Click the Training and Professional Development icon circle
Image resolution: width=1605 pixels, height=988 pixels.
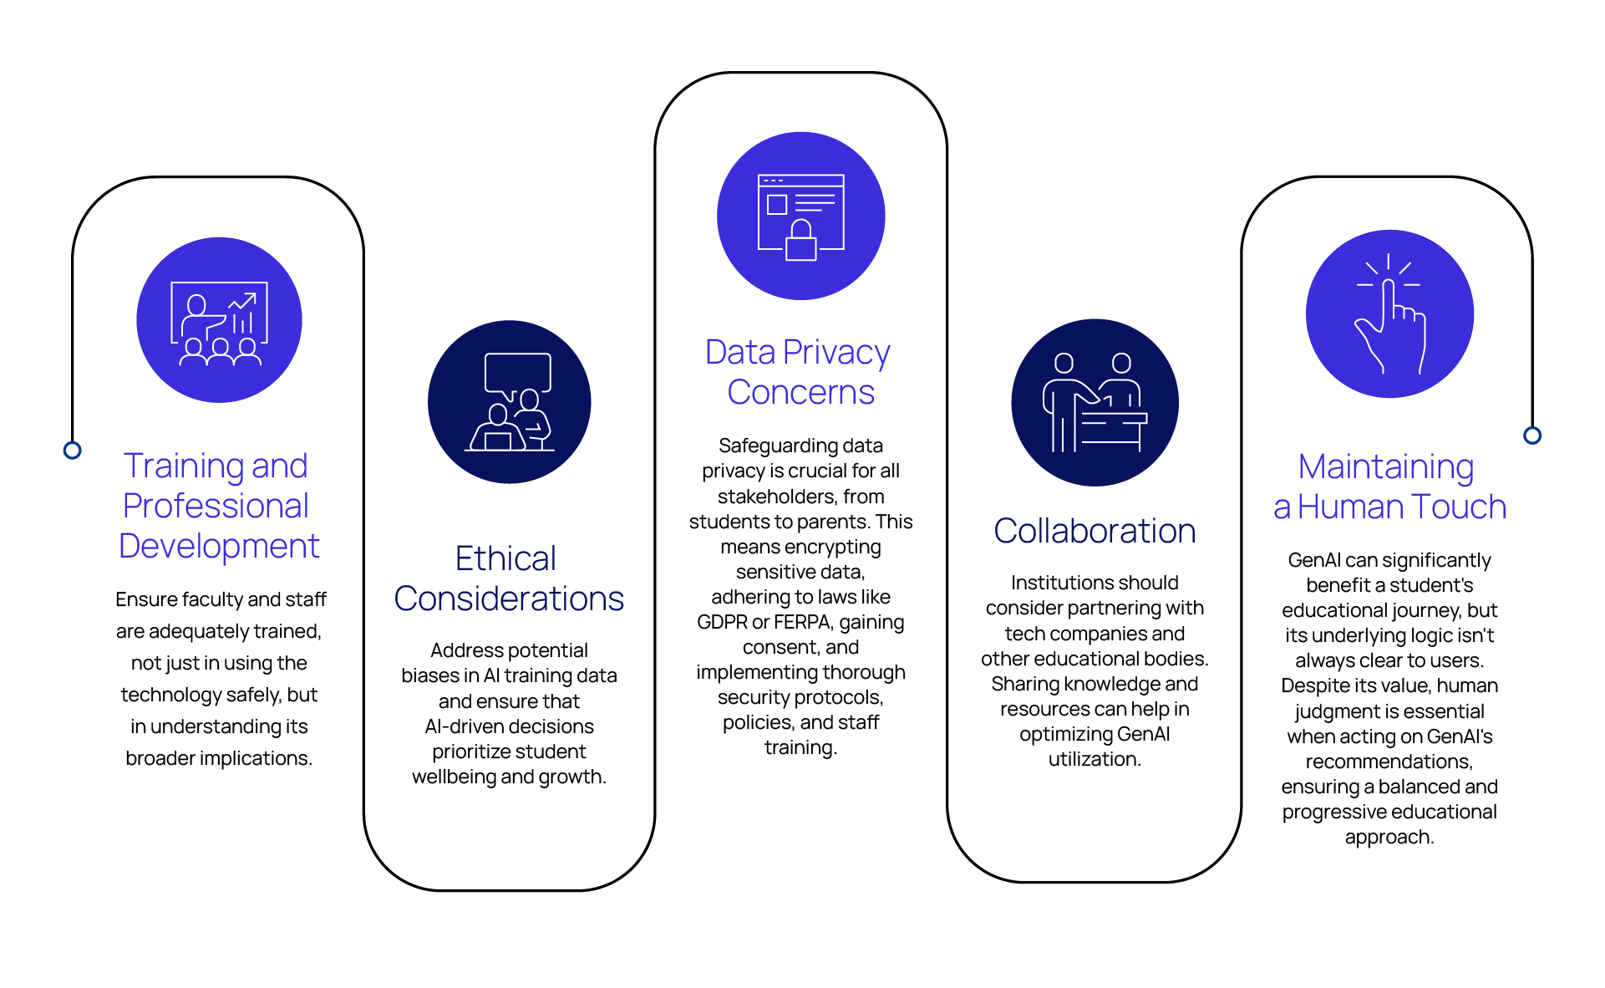[x=219, y=320]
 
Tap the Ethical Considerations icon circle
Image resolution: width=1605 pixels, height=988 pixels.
[x=510, y=402]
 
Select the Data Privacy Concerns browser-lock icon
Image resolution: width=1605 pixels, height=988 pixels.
[x=801, y=217]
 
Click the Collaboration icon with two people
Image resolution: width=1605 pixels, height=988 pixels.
[x=1095, y=402]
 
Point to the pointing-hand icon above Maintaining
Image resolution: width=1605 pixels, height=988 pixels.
[x=1390, y=313]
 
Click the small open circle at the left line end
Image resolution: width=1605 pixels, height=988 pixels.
[x=73, y=451]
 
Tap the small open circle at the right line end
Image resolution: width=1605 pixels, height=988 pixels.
[x=1532, y=435]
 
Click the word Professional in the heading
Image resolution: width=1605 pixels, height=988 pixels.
[x=216, y=506]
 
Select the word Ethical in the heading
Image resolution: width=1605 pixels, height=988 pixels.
[x=505, y=558]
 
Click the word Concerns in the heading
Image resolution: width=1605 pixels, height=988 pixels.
[x=800, y=392]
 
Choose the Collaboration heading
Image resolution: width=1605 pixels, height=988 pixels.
[x=1095, y=531]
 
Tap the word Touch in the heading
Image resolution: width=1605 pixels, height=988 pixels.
[x=1454, y=507]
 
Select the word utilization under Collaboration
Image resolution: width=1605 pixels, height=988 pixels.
[x=1095, y=759]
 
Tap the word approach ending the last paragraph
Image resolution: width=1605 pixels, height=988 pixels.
[x=1389, y=838]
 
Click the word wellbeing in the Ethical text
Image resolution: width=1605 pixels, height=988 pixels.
[x=455, y=777]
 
